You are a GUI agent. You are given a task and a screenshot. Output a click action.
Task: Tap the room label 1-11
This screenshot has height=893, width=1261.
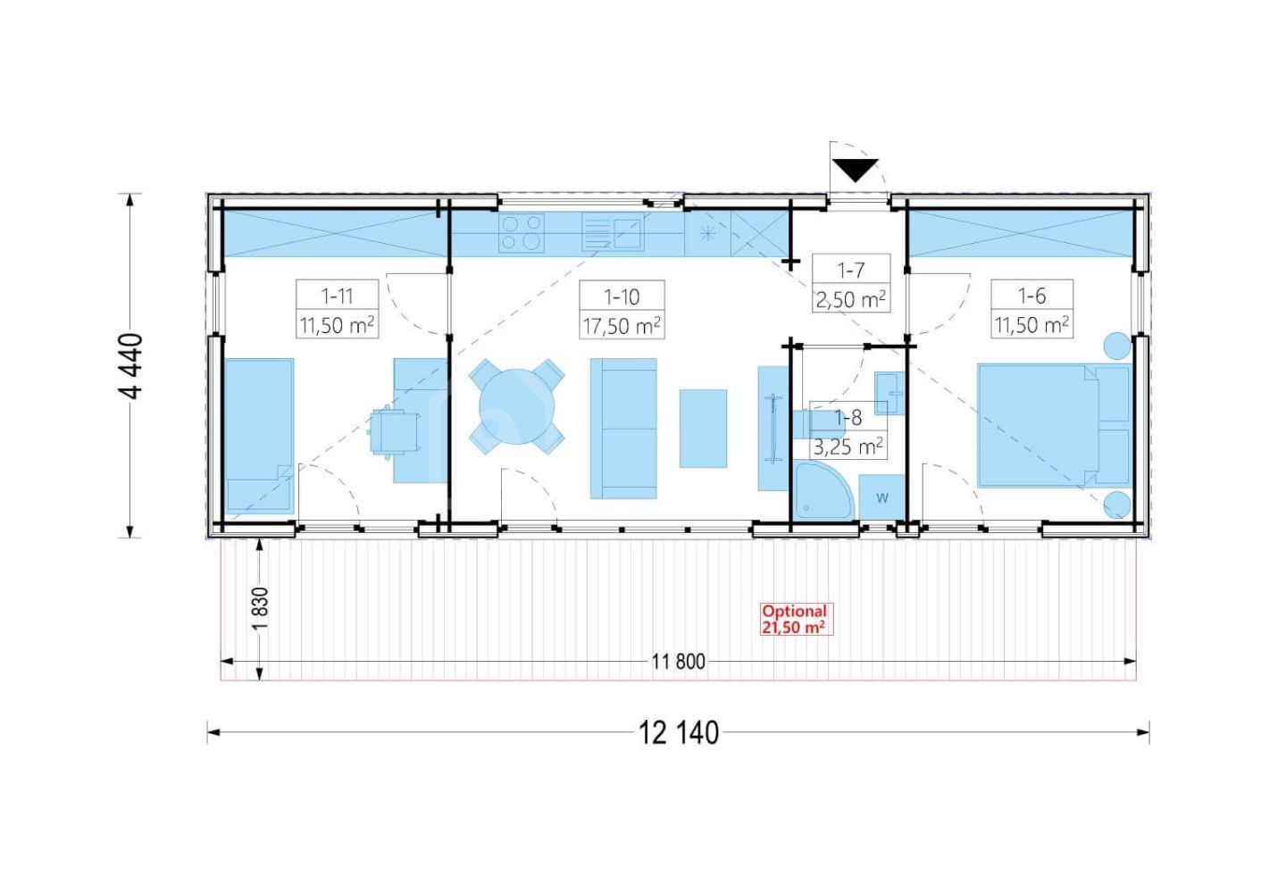337,296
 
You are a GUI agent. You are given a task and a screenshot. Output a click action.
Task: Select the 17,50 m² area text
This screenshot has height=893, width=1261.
622,326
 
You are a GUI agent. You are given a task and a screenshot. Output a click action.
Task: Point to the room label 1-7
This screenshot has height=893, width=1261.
850,271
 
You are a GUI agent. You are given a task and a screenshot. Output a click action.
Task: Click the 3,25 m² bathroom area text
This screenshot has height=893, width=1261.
848,447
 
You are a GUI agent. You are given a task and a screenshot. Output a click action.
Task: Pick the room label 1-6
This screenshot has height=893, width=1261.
1031,296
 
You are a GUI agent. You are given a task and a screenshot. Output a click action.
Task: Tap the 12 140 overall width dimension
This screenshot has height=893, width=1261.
679,733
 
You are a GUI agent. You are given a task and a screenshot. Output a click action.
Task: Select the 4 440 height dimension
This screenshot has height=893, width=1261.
132,366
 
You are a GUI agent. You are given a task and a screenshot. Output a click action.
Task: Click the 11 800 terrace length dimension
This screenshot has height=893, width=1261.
679,662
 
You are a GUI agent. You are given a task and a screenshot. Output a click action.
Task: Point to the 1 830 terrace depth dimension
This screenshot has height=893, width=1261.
261,609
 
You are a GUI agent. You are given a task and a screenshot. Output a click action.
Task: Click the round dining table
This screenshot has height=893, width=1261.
516,406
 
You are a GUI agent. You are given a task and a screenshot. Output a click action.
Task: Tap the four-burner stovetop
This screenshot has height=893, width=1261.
522,233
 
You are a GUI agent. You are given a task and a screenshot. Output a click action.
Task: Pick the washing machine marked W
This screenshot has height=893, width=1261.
881,497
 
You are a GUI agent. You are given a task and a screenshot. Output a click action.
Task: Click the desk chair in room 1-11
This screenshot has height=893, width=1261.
394,431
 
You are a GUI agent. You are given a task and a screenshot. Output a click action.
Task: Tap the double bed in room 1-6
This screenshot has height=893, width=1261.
1055,425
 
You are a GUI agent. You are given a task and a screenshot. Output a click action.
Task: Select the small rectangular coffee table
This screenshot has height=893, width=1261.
703,429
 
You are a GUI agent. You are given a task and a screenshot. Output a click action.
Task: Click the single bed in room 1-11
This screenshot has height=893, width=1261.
259,437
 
